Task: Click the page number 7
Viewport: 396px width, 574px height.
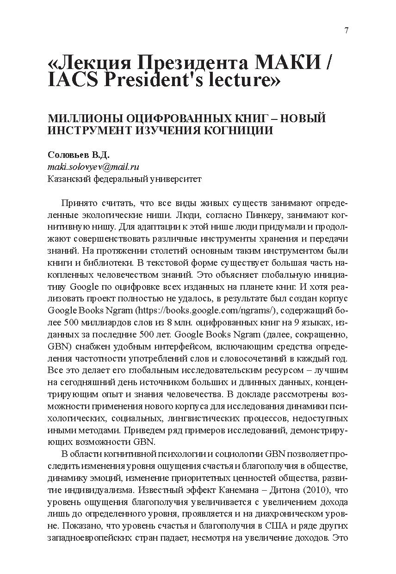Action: point(346,31)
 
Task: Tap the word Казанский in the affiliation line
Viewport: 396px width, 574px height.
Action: point(68,179)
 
